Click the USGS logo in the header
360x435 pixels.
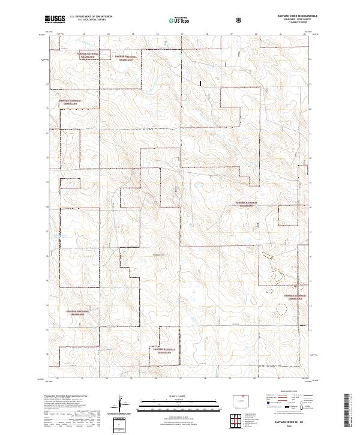55,19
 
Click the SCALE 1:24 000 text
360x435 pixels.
179,396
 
